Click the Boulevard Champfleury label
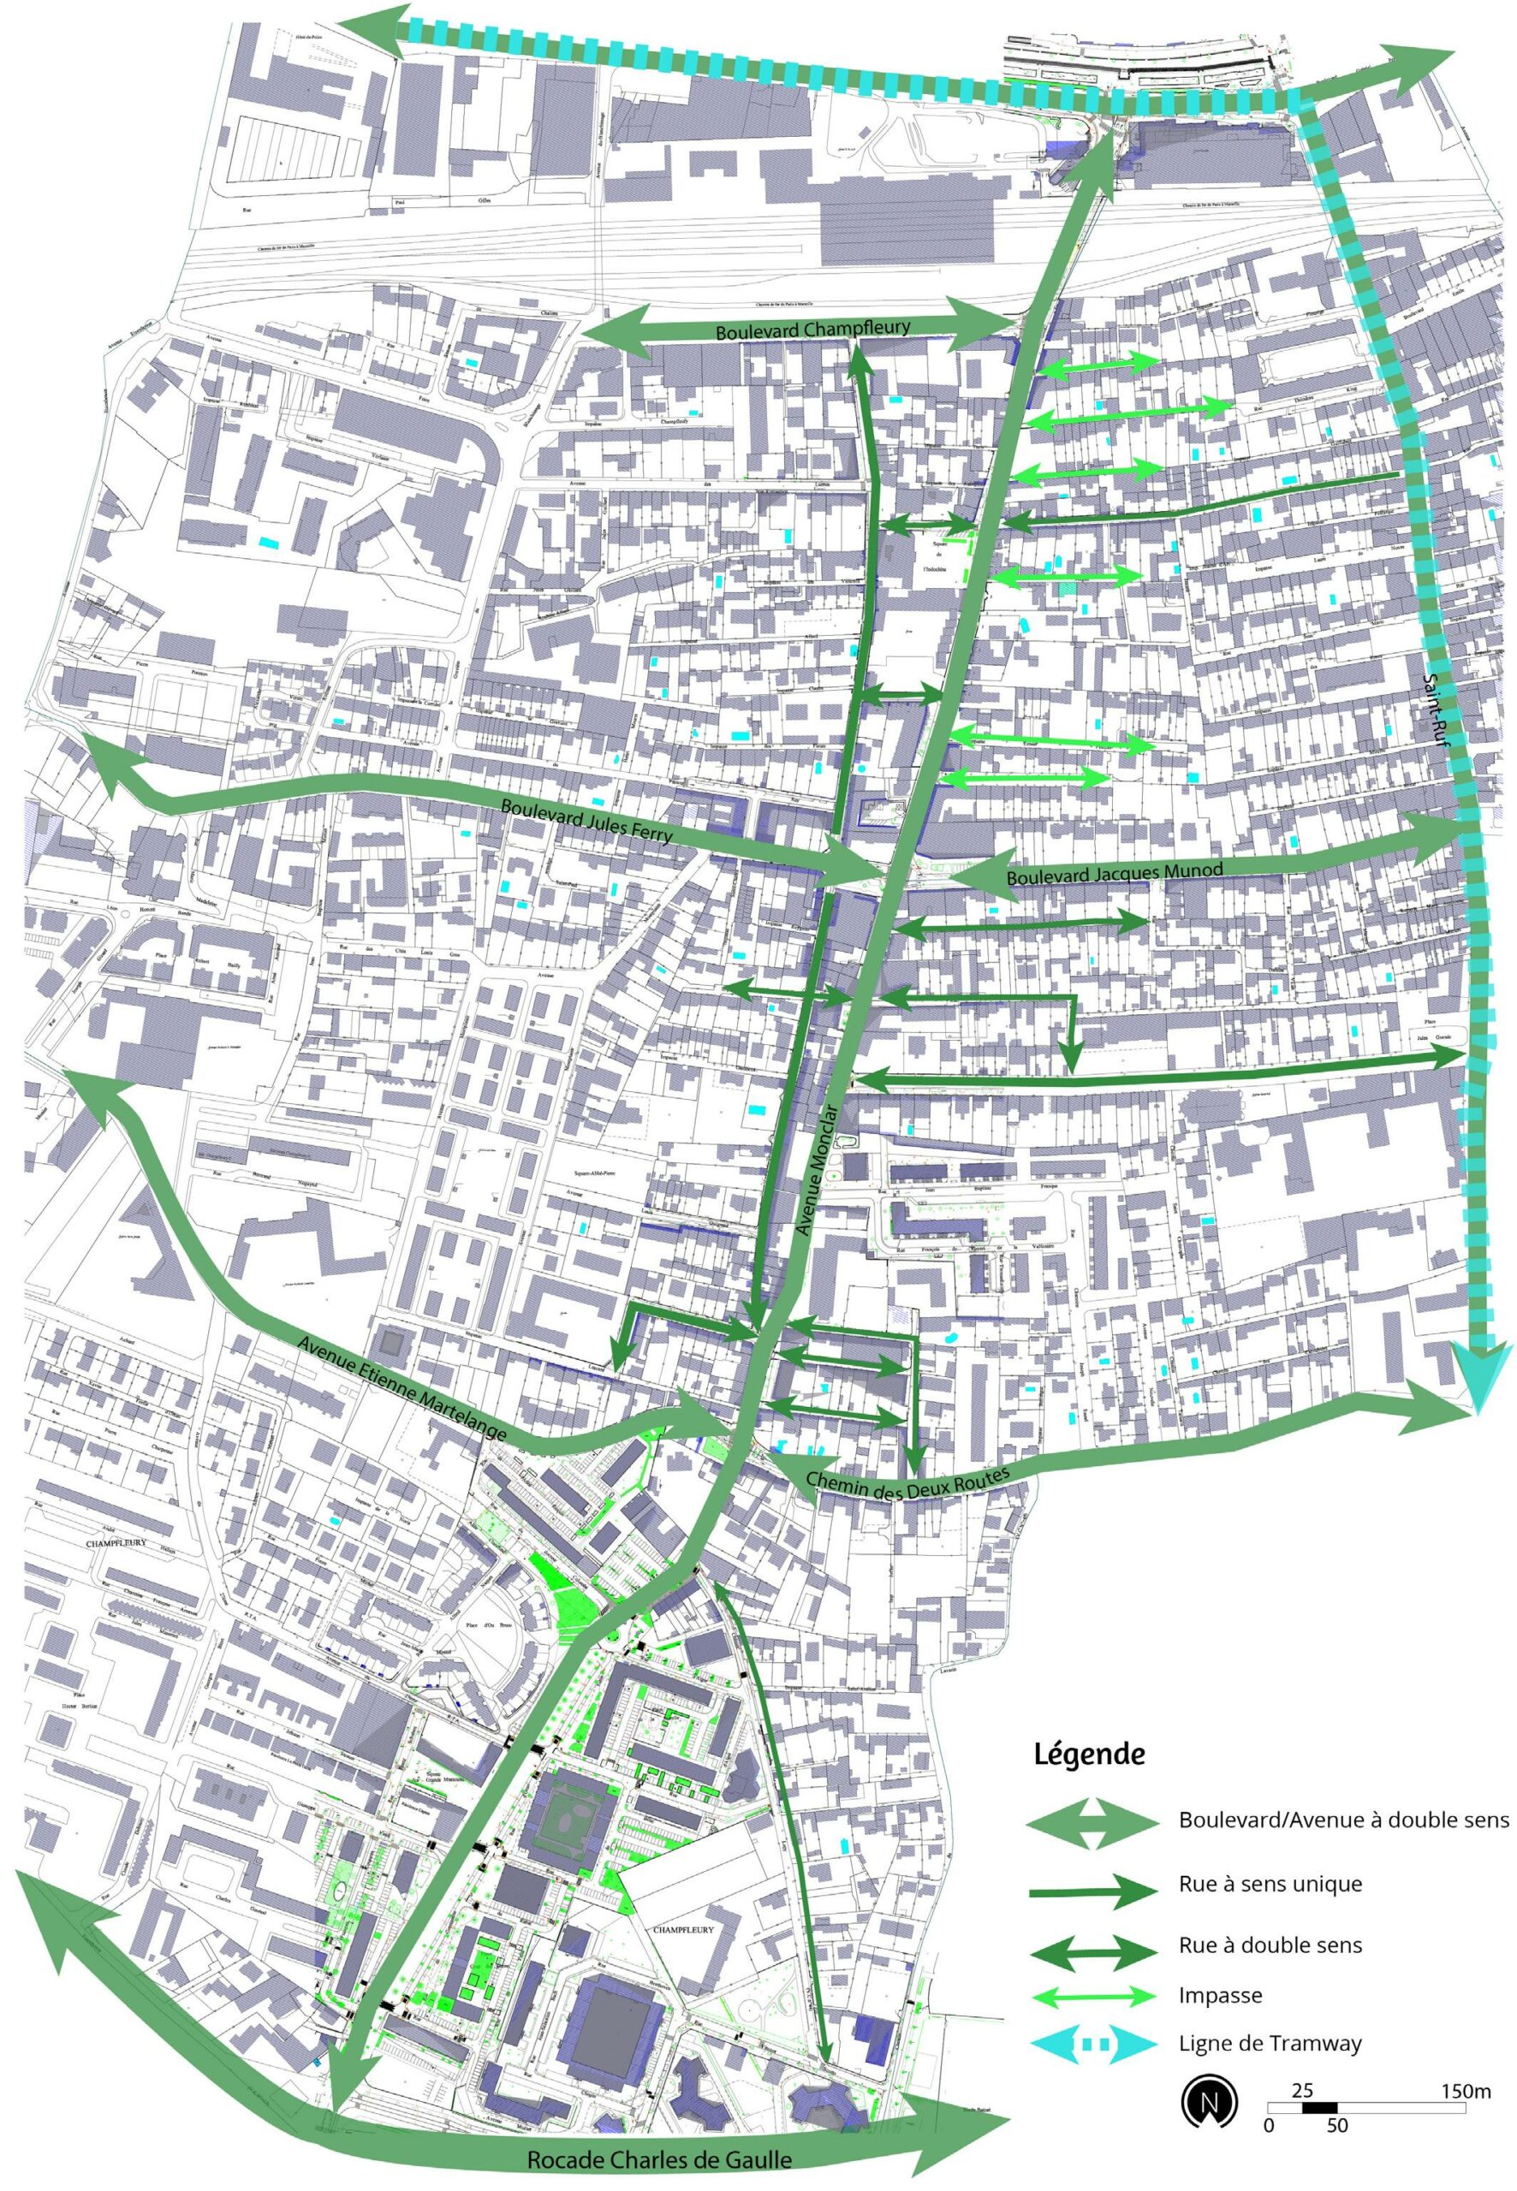(812, 329)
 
